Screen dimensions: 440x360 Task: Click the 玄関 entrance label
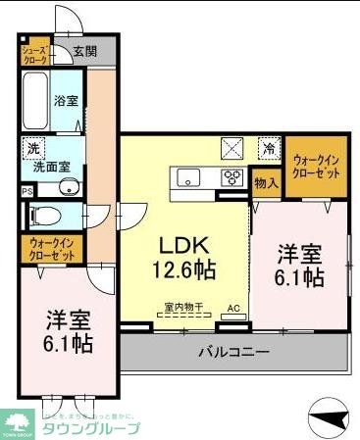tap(84, 52)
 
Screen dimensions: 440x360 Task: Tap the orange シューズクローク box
tap(34, 52)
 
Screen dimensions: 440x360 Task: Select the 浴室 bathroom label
tap(66, 100)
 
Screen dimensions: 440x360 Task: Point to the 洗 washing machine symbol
tap(34, 149)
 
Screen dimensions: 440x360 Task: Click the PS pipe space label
tap(26, 190)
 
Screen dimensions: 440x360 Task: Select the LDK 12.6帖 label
tap(183, 255)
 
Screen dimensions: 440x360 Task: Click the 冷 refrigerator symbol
tap(268, 149)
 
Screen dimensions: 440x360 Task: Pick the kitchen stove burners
tap(234, 177)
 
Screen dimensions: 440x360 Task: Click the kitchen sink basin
tap(187, 177)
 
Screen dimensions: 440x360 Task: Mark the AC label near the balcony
tap(233, 308)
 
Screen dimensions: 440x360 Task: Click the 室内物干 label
tap(182, 308)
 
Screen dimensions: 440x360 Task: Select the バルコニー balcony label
tap(233, 351)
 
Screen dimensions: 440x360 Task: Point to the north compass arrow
tap(328, 418)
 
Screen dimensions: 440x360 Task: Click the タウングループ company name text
tap(88, 428)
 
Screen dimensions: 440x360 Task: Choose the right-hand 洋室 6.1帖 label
tap(299, 264)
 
